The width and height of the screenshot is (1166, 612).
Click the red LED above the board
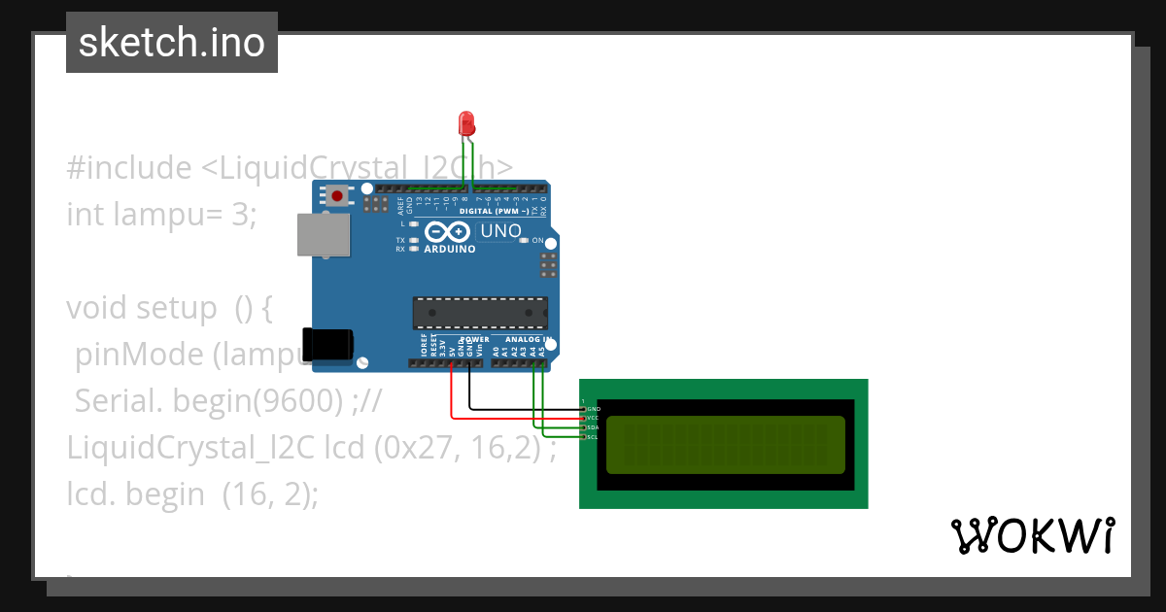[x=466, y=123]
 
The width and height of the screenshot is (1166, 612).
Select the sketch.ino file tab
[x=172, y=43]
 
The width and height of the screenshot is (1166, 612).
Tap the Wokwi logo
[x=1032, y=536]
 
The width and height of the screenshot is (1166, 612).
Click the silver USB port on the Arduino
[x=324, y=235]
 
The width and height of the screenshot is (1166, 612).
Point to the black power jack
[x=327, y=346]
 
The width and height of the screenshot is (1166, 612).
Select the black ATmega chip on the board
[x=477, y=313]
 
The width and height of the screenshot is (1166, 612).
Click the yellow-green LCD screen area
[x=725, y=444]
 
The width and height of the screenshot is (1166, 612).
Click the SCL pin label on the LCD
[x=593, y=437]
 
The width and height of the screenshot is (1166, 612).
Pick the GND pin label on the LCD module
[x=594, y=409]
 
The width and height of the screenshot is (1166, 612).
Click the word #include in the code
[x=129, y=168]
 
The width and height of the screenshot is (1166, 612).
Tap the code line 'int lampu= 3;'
[x=161, y=214]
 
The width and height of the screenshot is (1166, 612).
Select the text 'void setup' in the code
[x=142, y=308]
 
